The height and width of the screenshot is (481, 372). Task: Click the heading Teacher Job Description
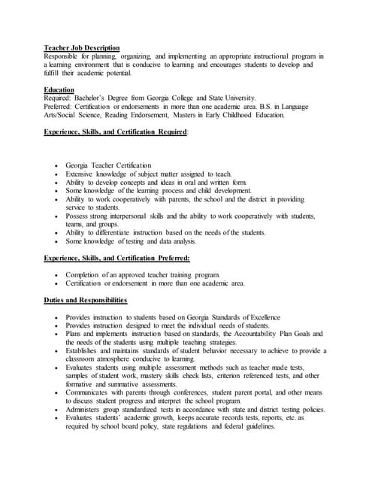tap(81, 47)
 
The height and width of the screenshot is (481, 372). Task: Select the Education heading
tap(59, 89)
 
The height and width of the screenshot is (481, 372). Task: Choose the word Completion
tap(84, 275)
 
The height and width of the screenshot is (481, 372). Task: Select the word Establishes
tap(85, 350)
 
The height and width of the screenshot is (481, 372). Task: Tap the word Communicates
tap(91, 392)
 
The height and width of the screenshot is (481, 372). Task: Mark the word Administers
tap(86, 409)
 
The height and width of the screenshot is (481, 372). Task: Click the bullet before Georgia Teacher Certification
tap(56, 165)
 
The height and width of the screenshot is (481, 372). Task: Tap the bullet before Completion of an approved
tap(56, 275)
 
